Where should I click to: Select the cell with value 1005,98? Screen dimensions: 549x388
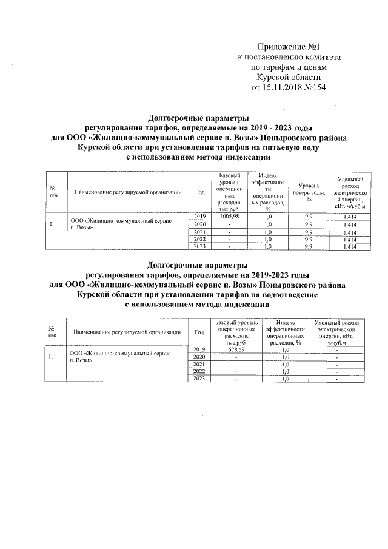[229, 217]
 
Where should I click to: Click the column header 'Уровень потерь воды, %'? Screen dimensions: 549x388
[308, 192]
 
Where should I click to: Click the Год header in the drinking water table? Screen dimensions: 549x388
[200, 192]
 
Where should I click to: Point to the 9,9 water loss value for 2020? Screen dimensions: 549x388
[308, 224]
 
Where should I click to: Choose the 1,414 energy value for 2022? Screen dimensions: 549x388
[349, 239]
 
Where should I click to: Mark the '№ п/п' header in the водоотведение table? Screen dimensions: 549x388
[52, 332]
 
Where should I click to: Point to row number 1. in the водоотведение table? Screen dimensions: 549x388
[52, 357]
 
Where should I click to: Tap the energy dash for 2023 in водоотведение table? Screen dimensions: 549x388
[336, 379]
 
